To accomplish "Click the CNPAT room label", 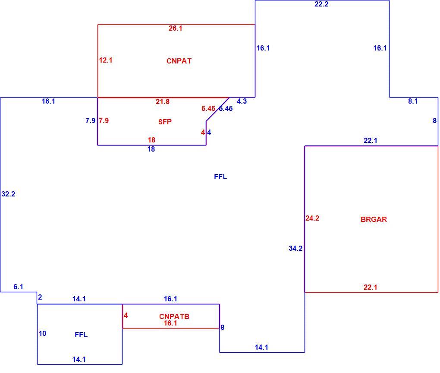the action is click(179, 61).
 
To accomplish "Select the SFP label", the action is click(165, 122).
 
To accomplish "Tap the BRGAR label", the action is click(374, 219).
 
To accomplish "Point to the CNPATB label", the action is click(174, 316).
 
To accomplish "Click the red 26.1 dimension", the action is click(176, 28).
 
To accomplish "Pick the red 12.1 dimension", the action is click(106, 60).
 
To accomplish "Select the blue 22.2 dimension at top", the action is click(321, 4).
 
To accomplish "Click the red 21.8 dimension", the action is click(163, 101).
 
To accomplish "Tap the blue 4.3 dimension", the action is click(242, 101).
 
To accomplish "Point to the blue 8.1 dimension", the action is click(413, 101).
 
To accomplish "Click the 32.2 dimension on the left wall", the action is click(9, 194).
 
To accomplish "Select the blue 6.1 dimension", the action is click(18, 287).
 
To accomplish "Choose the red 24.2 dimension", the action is click(312, 218).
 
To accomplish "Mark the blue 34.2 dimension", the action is click(295, 248).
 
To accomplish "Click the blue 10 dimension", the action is click(42, 333).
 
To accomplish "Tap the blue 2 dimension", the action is click(40, 297).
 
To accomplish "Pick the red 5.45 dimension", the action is click(208, 108).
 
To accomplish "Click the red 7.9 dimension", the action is click(104, 120).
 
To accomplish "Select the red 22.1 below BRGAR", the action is click(371, 287).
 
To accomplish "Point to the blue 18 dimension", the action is click(151, 149).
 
